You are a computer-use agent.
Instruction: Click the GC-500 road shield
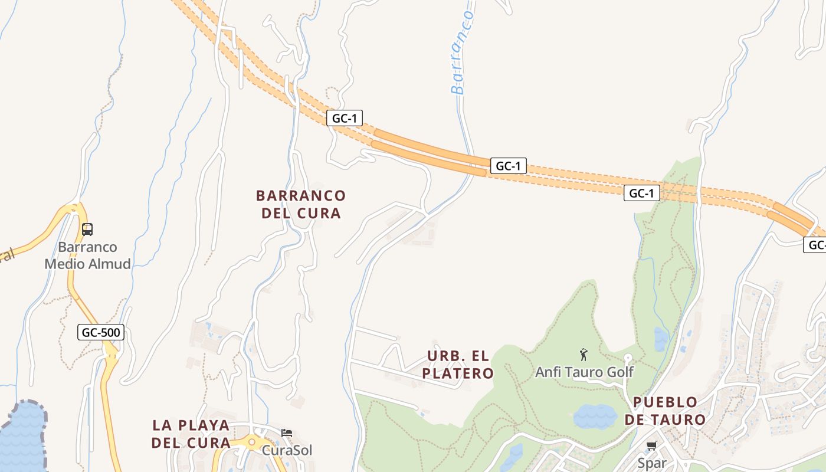click(x=101, y=332)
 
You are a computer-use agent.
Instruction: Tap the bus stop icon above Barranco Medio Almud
click(x=87, y=229)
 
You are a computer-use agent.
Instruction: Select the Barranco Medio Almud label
click(x=88, y=255)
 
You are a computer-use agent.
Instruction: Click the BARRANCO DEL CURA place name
click(x=301, y=204)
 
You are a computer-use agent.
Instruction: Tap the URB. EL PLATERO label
click(x=458, y=365)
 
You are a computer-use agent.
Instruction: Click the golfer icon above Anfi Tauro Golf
click(x=584, y=355)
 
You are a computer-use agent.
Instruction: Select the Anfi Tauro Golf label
click(x=584, y=372)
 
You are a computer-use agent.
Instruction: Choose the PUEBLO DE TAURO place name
click(x=669, y=411)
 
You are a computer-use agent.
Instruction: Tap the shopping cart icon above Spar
click(x=652, y=445)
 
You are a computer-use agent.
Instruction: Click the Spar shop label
click(x=652, y=463)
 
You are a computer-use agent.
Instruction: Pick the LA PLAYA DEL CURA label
click(x=191, y=434)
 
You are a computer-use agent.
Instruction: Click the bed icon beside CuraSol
click(x=287, y=433)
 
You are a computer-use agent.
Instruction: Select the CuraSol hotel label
click(x=287, y=450)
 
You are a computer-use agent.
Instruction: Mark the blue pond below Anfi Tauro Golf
click(x=595, y=416)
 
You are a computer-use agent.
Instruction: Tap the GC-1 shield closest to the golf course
click(x=641, y=193)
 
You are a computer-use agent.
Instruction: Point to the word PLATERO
click(x=458, y=373)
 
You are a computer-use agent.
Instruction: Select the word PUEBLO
click(x=666, y=402)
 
